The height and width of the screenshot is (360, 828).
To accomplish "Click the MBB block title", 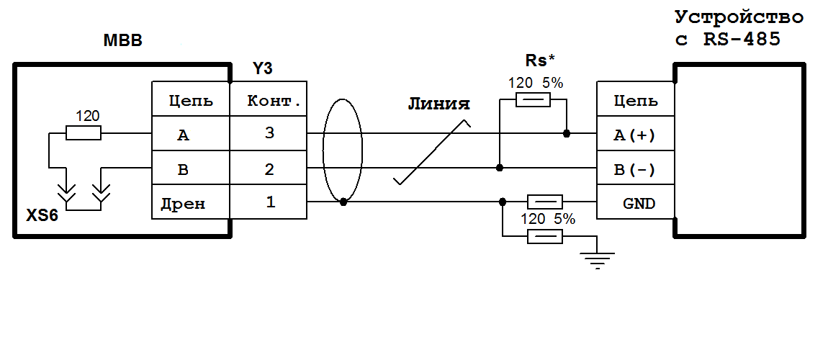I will tap(123, 40).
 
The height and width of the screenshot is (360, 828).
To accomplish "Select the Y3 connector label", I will tap(262, 69).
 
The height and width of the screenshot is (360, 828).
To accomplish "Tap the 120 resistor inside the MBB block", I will tap(84, 132).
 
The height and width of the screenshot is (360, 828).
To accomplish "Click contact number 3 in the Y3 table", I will tap(270, 134).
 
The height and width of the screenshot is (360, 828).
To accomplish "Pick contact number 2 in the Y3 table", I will tap(270, 169).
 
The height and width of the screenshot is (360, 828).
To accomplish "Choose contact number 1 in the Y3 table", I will tap(270, 202).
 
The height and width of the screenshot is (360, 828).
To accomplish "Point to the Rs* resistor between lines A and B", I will tap(533, 101).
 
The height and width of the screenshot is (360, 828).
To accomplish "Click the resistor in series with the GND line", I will tap(545, 202).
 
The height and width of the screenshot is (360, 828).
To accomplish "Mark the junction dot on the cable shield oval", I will tap(343, 202).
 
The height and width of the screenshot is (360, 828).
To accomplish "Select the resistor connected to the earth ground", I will tap(545, 237).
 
